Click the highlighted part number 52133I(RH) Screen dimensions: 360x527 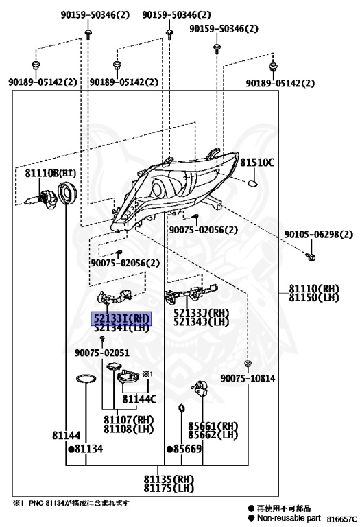click(122, 318)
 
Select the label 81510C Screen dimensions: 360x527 click(257, 163)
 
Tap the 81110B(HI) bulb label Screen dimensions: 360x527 click(50, 173)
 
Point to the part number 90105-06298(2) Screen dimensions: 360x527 click(318, 234)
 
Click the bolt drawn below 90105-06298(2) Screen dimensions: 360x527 click(311, 257)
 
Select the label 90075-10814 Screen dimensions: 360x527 click(248, 378)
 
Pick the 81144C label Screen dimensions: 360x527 click(139, 399)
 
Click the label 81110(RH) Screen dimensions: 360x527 click(314, 288)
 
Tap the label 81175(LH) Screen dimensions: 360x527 click(169, 488)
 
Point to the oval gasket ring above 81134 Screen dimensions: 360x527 click(86, 379)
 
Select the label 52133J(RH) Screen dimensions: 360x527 click(201, 313)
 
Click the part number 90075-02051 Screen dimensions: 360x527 click(101, 353)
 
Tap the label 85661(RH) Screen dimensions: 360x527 click(213, 426)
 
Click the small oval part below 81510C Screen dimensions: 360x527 click(252, 183)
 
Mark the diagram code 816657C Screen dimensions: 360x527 click(341, 519)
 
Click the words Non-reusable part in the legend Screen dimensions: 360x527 click(289, 518)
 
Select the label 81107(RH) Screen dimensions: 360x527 click(128, 420)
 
